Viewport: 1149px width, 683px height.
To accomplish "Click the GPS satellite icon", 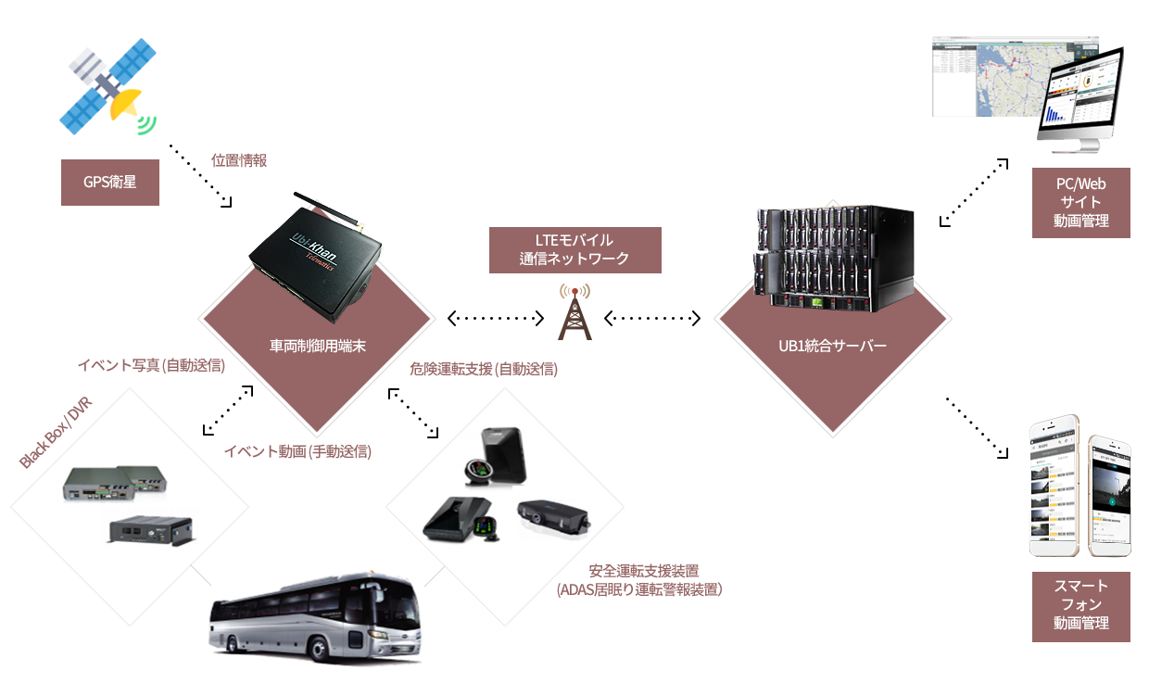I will [x=107, y=86].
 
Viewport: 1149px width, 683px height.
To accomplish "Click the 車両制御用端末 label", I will [x=316, y=346].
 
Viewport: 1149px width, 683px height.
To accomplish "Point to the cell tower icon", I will [x=574, y=312].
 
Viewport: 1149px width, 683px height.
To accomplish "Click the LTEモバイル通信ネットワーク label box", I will [x=574, y=250].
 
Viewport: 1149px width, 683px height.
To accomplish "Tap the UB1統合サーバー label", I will [x=833, y=347].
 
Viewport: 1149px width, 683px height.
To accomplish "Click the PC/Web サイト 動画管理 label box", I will [x=1080, y=203].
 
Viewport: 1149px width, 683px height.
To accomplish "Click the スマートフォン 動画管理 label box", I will [x=1080, y=604].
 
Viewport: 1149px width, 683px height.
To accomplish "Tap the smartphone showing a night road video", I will [x=1108, y=496].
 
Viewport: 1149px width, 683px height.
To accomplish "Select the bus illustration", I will [x=316, y=615].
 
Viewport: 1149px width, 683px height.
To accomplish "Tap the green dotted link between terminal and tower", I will [x=497, y=318].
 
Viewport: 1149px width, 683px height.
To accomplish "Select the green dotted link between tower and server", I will [x=658, y=318].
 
